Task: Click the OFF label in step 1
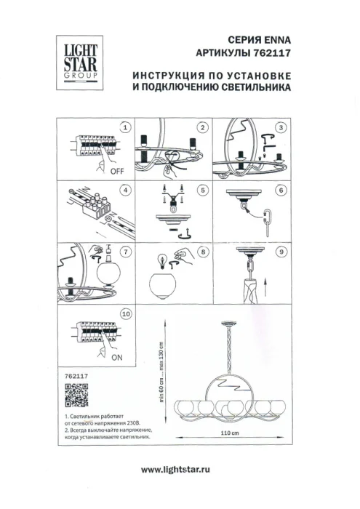pyautogui.click(x=115, y=172)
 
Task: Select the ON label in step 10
pyautogui.click(x=116, y=358)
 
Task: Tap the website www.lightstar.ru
pyautogui.click(x=180, y=470)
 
